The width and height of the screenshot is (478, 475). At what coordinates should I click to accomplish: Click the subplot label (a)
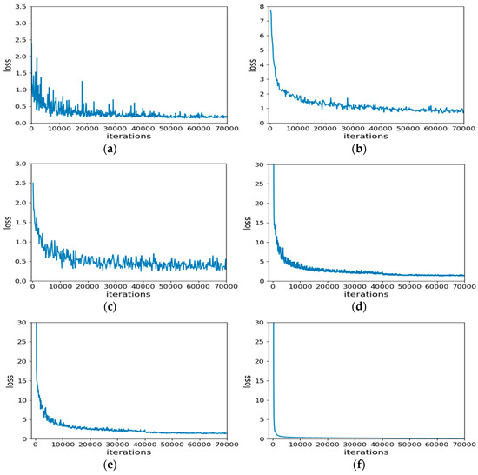pyautogui.click(x=129, y=149)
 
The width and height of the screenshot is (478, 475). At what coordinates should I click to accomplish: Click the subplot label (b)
pyautogui.click(x=367, y=149)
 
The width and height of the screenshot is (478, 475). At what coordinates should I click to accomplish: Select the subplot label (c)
pyautogui.click(x=129, y=307)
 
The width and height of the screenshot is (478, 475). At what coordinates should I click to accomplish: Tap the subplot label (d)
pyautogui.click(x=367, y=307)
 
